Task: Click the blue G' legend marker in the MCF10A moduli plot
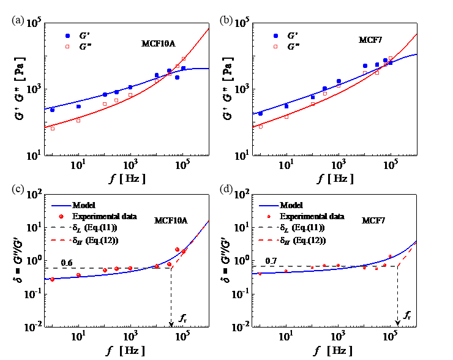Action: coord(68,36)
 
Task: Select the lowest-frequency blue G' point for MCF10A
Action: coord(53,110)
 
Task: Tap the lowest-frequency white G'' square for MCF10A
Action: coord(53,129)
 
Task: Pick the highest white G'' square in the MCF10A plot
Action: coord(184,59)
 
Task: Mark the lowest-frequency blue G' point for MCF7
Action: coord(261,113)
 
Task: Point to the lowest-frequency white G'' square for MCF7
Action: coord(261,127)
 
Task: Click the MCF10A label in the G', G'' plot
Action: coord(158,44)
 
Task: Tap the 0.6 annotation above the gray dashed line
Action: coord(66,263)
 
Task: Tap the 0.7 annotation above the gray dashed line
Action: coord(269,261)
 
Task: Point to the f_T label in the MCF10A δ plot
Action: coord(182,317)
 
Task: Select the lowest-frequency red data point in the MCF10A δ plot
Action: coord(53,279)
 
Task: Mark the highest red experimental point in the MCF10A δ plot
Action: coord(177,250)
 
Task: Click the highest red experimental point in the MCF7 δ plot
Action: coord(390,257)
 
